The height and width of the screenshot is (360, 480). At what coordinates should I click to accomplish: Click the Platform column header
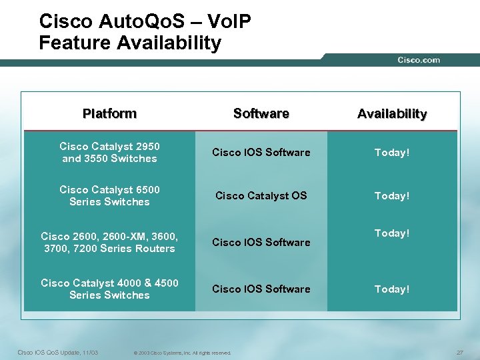(109, 113)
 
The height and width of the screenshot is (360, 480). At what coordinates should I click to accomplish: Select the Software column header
(261, 113)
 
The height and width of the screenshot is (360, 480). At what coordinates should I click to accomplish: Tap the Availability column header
(391, 113)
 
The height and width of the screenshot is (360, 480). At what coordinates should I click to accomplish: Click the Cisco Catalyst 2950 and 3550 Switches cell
(109, 152)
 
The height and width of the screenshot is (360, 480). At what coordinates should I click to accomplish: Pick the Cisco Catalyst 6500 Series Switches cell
(109, 195)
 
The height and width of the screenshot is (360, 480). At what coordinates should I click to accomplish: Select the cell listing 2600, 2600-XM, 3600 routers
(109, 242)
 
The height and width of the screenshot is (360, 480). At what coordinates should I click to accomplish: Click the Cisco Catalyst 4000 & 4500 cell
(109, 289)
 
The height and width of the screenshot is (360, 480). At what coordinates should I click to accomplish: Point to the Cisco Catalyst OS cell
(261, 195)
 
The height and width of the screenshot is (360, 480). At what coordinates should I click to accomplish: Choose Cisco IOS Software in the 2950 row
(261, 152)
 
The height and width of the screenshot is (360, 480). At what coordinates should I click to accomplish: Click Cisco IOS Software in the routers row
(261, 242)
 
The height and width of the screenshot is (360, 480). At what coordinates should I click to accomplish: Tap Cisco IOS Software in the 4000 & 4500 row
(261, 289)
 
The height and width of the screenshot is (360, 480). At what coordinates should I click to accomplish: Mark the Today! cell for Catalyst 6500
(391, 195)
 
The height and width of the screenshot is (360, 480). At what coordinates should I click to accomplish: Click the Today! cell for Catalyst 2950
(391, 152)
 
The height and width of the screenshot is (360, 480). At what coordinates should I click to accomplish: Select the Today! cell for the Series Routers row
(391, 233)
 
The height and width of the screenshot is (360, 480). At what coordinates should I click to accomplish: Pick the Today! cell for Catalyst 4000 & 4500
(391, 289)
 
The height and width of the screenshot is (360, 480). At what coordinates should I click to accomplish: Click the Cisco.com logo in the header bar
(419, 60)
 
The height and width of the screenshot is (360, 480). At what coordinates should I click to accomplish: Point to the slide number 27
(459, 352)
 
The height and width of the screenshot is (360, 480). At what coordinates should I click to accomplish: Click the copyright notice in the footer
(182, 353)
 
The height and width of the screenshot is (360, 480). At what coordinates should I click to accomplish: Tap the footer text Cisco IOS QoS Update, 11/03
(57, 352)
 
